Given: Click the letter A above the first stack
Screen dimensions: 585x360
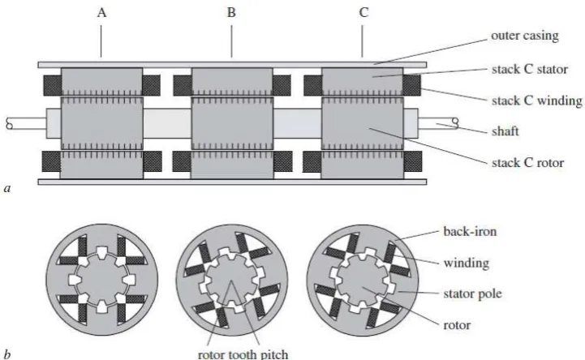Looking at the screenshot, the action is click(101, 13).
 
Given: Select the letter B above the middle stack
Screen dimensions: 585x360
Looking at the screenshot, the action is click(231, 13).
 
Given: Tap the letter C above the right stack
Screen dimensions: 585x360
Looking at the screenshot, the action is click(363, 13).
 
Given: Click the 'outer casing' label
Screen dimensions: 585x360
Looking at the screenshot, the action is click(525, 36).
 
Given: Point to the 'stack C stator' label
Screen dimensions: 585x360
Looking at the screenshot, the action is click(529, 69).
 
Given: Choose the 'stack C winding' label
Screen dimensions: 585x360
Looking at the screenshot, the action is click(537, 101).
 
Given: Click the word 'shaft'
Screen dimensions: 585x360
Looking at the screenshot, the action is click(505, 131).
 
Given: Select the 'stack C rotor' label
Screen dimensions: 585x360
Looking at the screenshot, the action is click(527, 163).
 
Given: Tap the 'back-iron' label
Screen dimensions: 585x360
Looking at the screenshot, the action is click(470, 231).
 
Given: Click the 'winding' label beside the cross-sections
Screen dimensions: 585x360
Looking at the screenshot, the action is click(467, 263).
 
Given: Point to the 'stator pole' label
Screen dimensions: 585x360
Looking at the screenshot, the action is click(472, 294).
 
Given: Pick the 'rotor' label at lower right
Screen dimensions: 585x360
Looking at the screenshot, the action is click(457, 325).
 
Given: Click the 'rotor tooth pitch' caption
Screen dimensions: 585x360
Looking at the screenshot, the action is click(243, 354).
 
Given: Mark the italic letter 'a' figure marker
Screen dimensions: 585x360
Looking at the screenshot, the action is click(7, 189).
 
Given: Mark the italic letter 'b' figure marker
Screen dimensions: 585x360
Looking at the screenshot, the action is click(7, 354).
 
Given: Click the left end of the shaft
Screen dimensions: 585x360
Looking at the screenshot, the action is click(6, 124).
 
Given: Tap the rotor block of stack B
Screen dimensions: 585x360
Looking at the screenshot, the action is click(232, 123).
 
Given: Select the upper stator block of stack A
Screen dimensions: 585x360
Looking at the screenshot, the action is click(101, 82).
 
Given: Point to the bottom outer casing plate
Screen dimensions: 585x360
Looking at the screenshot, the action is click(232, 182).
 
